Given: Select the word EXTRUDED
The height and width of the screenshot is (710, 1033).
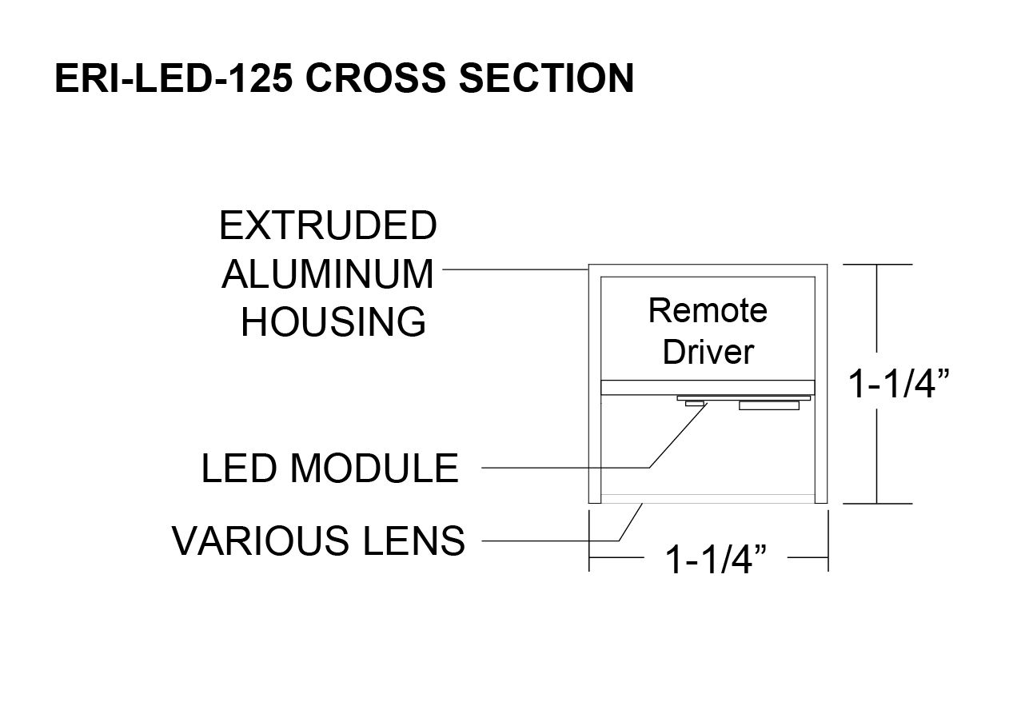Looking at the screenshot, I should (328, 226).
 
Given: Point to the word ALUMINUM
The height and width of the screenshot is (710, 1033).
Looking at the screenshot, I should (328, 275).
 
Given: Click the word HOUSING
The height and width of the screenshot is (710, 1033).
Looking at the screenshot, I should (333, 322).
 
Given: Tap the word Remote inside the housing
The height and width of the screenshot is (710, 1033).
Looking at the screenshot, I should (708, 310).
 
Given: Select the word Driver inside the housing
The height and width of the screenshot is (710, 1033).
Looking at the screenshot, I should (708, 352).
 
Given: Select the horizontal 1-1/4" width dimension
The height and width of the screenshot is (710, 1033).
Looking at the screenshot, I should (711, 560).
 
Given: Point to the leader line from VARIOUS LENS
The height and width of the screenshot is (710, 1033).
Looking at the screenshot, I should (552, 541).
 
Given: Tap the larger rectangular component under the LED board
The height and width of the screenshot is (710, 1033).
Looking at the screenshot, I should (769, 406).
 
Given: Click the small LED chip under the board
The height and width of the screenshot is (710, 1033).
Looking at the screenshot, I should (694, 404).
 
